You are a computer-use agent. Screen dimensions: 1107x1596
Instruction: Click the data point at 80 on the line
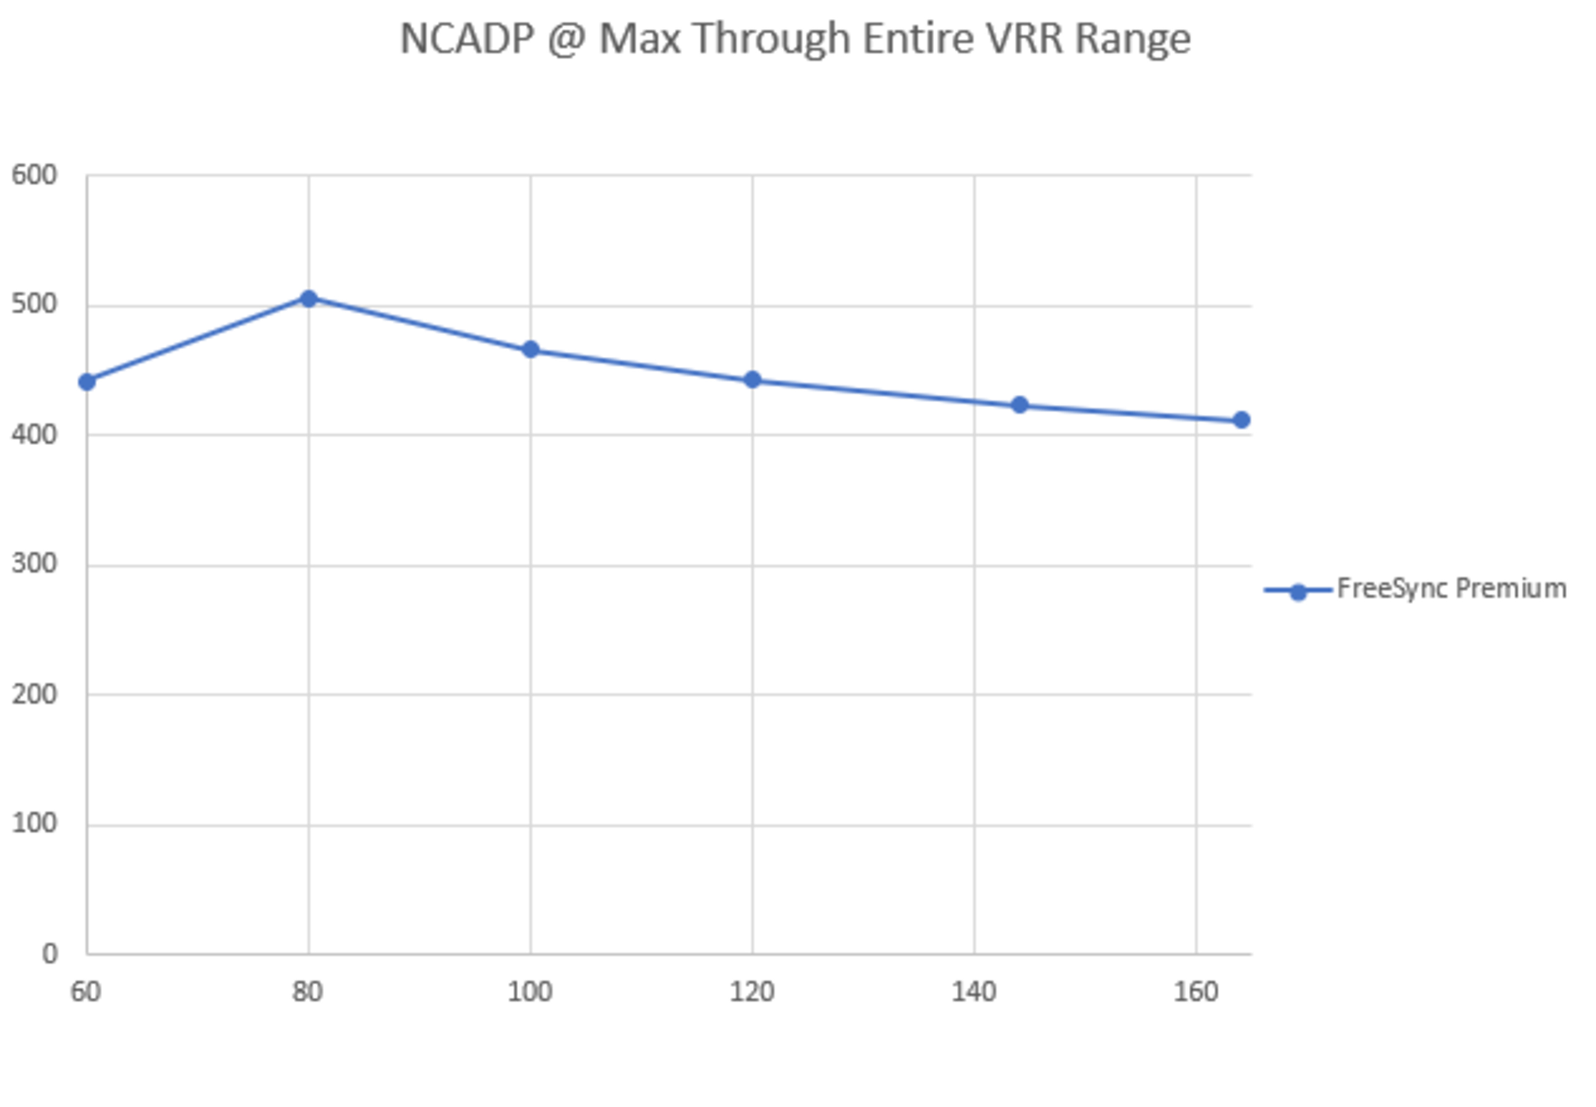pyautogui.click(x=308, y=299)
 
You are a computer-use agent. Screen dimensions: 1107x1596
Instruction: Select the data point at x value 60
pyautogui.click(x=87, y=382)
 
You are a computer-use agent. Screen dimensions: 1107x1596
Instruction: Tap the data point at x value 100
pyautogui.click(x=530, y=350)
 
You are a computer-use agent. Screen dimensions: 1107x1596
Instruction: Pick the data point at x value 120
pyautogui.click(x=752, y=380)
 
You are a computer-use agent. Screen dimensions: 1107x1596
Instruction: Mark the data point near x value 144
pyautogui.click(x=1019, y=405)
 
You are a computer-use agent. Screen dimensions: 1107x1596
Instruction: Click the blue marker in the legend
pyautogui.click(x=1298, y=592)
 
